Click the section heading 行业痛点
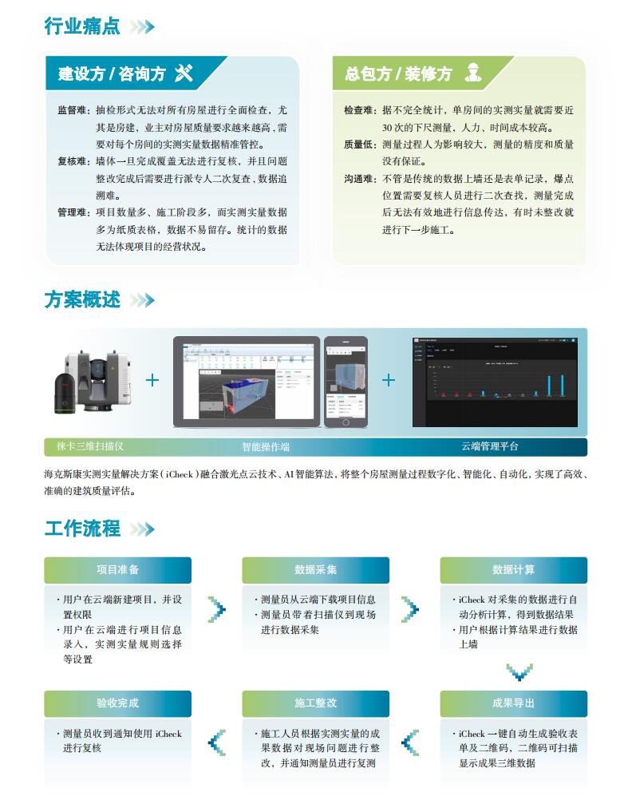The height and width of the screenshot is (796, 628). [82, 26]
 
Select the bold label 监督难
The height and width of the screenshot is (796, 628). [72, 109]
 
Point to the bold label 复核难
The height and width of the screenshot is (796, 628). [72, 160]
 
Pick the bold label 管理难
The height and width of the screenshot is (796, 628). [72, 212]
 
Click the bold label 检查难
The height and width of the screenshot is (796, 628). [359, 109]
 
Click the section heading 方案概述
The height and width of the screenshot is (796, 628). [82, 300]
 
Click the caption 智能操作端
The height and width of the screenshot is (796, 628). [265, 446]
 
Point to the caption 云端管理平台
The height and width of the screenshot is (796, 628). [489, 446]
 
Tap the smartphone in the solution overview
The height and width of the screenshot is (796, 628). [346, 382]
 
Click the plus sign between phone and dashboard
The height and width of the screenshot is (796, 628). [389, 380]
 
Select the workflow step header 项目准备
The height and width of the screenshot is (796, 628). [117, 570]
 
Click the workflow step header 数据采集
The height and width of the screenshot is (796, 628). [315, 570]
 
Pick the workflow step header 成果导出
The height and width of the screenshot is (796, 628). [513, 703]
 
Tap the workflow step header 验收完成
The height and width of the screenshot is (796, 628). [117, 703]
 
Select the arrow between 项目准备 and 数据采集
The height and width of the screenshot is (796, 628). [216, 609]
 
